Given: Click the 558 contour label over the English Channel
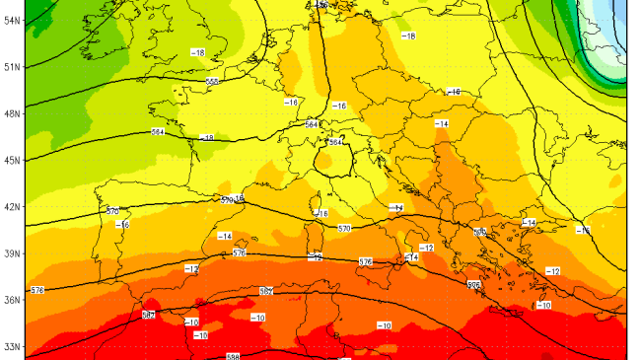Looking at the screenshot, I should click(x=212, y=82).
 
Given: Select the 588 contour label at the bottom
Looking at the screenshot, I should click(x=233, y=356).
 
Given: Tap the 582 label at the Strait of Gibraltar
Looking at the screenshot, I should click(x=148, y=315).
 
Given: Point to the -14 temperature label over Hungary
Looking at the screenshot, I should click(x=441, y=123).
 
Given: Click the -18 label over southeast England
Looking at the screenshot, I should click(x=198, y=52).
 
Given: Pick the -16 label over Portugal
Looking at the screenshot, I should click(x=122, y=225).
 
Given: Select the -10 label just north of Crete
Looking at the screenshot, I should click(x=544, y=306).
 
